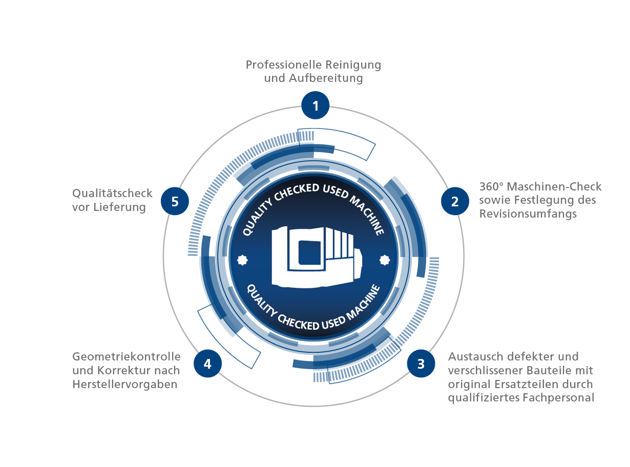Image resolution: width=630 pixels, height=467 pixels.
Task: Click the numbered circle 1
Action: coord(315,105)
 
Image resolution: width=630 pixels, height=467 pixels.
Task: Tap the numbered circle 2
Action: coord(455,201)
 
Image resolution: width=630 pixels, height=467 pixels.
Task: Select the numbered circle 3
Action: coord(421,364)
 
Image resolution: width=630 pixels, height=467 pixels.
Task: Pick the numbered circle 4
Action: coord(207,364)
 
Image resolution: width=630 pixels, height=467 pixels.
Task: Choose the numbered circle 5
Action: coord(175,201)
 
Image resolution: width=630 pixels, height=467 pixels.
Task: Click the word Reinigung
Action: coord(353,65)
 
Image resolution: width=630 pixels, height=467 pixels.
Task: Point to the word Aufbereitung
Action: coord(326,78)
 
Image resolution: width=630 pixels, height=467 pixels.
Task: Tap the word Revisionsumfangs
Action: coord(528,214)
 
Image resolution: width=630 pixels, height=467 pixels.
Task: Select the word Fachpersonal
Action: coord(558,398)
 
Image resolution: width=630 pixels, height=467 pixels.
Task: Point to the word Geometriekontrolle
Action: coord(127,356)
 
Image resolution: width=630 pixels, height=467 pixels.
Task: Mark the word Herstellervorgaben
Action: coord(124,384)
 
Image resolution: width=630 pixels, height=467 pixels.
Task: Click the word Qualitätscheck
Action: coord(112,193)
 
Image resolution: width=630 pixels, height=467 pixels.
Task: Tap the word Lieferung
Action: coord(119,207)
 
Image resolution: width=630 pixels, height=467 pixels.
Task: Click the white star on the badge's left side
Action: coord(242,260)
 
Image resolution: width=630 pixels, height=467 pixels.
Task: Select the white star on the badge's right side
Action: coord(385,260)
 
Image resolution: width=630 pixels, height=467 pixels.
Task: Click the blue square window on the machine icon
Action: coord(309,252)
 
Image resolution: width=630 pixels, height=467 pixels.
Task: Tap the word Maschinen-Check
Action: coord(554,186)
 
